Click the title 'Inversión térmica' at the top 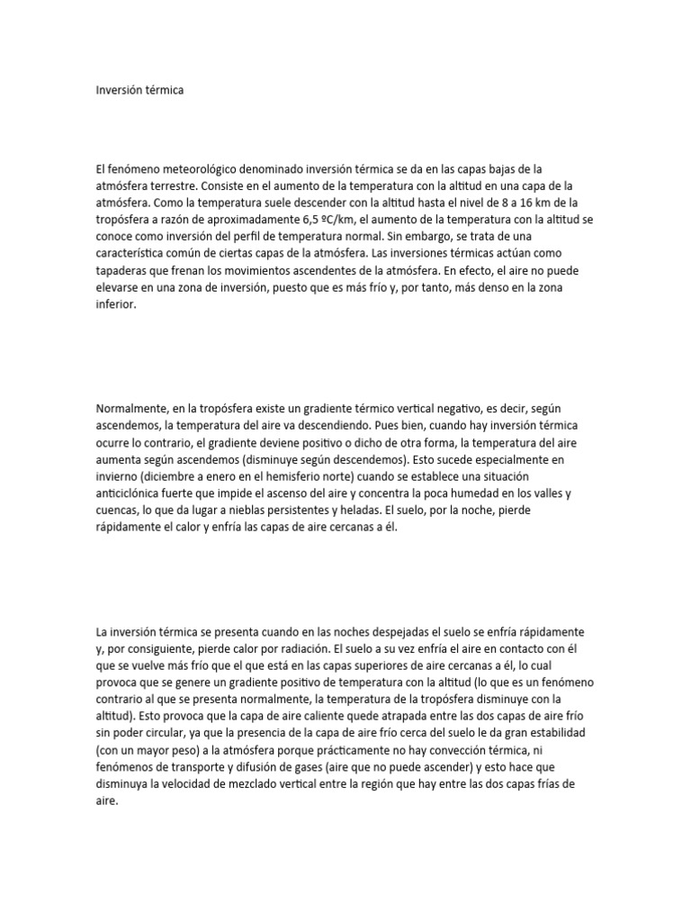(139, 91)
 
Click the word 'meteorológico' (200, 168)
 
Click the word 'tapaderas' (122, 270)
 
